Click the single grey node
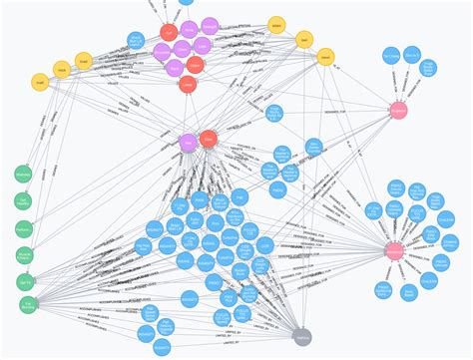(303, 337)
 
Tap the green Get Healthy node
(22, 203)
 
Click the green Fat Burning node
(28, 305)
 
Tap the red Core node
(208, 140)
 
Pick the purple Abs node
(188, 143)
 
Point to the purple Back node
(176, 66)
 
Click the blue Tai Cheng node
(390, 56)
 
